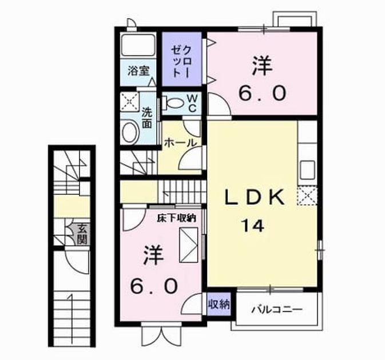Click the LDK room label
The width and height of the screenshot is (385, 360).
click(255, 197)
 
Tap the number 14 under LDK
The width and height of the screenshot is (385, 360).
click(253, 226)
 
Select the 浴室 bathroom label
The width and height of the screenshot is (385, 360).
click(138, 71)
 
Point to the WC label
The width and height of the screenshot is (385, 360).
click(192, 103)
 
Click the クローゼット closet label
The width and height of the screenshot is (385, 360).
click(181, 62)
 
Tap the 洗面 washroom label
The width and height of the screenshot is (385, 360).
click(147, 118)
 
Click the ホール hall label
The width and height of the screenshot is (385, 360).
click(181, 142)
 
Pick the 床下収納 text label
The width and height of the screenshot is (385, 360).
click(177, 218)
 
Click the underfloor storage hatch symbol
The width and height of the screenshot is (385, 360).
click(189, 245)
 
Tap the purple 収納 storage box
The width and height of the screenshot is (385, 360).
click(219, 305)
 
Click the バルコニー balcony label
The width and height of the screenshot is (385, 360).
click(277, 310)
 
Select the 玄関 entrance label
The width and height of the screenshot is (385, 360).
click(82, 234)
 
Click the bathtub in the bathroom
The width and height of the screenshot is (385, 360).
click(138, 45)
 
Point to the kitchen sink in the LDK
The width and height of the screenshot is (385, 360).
click(307, 170)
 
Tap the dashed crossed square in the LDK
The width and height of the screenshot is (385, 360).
click(307, 195)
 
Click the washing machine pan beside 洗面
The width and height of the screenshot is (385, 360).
click(130, 102)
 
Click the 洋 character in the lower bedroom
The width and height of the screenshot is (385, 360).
click(153, 255)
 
